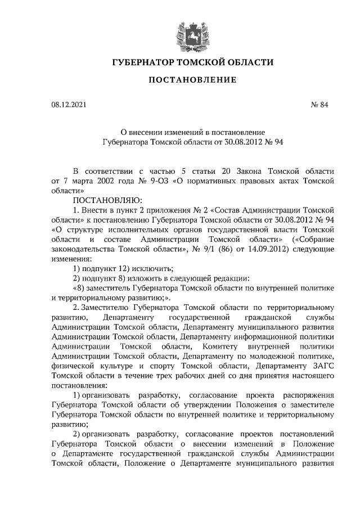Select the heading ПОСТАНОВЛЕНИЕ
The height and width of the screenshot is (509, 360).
pyautogui.click(x=192, y=80)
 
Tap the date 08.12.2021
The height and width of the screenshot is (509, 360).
pyautogui.click(x=69, y=105)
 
